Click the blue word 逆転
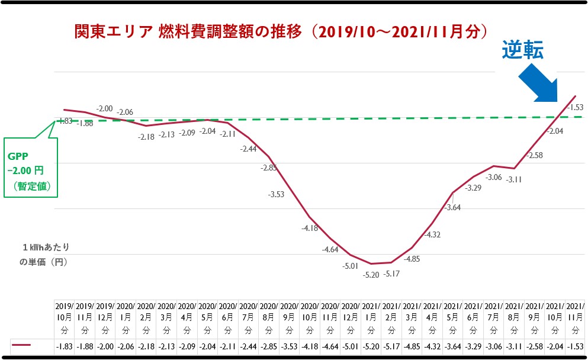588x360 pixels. coord(523,51)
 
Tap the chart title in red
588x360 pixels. coord(281,31)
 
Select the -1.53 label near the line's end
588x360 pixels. coord(575,107)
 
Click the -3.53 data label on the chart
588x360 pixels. coord(276,194)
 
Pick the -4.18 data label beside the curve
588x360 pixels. coord(310,228)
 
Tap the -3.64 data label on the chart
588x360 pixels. coord(453,208)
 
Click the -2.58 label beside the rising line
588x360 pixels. coord(534,155)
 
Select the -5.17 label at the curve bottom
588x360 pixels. coord(391,274)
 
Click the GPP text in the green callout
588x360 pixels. coord(18,157)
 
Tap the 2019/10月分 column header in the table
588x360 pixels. coord(65,317)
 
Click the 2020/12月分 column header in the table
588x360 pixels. coord(351,317)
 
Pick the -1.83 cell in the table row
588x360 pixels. coord(65,345)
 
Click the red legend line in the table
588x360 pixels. coord(22,345)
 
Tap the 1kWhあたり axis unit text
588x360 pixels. coord(50,247)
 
